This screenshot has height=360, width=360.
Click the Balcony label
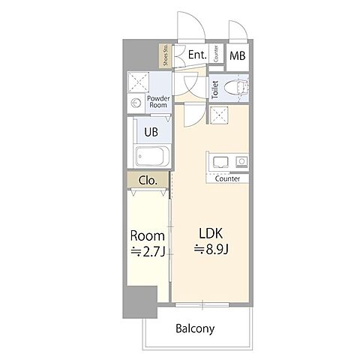195,328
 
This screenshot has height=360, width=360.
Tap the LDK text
211,233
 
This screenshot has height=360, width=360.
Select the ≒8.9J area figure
211,249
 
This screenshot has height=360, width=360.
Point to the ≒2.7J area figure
148,252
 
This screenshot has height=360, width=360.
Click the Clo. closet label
148,180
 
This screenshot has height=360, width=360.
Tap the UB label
151,132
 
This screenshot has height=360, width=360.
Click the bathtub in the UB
152,156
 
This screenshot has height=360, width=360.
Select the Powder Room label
158,102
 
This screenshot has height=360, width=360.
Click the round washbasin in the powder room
136,103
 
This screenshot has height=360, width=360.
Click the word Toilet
215,89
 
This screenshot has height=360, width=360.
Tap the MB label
238,55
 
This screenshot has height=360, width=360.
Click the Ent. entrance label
197,55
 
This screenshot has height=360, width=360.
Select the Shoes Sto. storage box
166,55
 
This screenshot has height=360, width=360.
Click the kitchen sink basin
220,162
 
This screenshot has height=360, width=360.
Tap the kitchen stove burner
241,161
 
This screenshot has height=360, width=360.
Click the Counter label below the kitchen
227,178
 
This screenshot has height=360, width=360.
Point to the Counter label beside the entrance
216,54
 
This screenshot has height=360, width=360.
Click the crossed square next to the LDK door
219,115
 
